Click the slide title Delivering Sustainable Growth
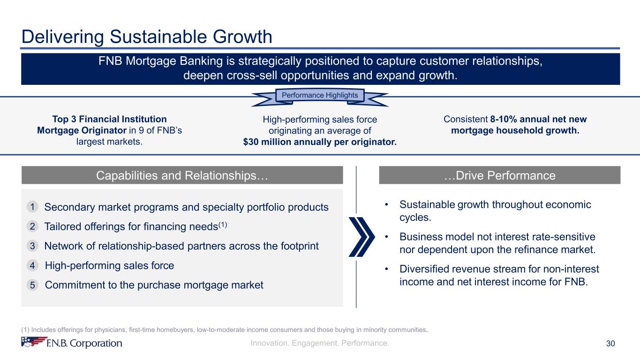click(147, 37)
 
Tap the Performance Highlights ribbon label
click(320, 95)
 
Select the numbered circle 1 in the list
click(32, 207)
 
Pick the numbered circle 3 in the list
click(32, 246)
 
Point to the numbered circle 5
click(32, 285)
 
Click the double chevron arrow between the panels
click(361, 237)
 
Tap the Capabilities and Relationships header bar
click(182, 175)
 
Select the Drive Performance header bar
click(500, 175)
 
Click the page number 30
click(610, 344)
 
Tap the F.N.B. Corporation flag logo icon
click(34, 342)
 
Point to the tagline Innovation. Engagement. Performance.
click(320, 343)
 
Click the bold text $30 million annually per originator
click(320, 142)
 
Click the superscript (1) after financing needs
click(223, 225)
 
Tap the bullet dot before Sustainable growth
click(386, 204)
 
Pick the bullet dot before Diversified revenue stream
click(386, 269)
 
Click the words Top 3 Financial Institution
click(109, 119)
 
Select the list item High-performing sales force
click(109, 266)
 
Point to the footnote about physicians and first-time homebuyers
click(224, 330)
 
